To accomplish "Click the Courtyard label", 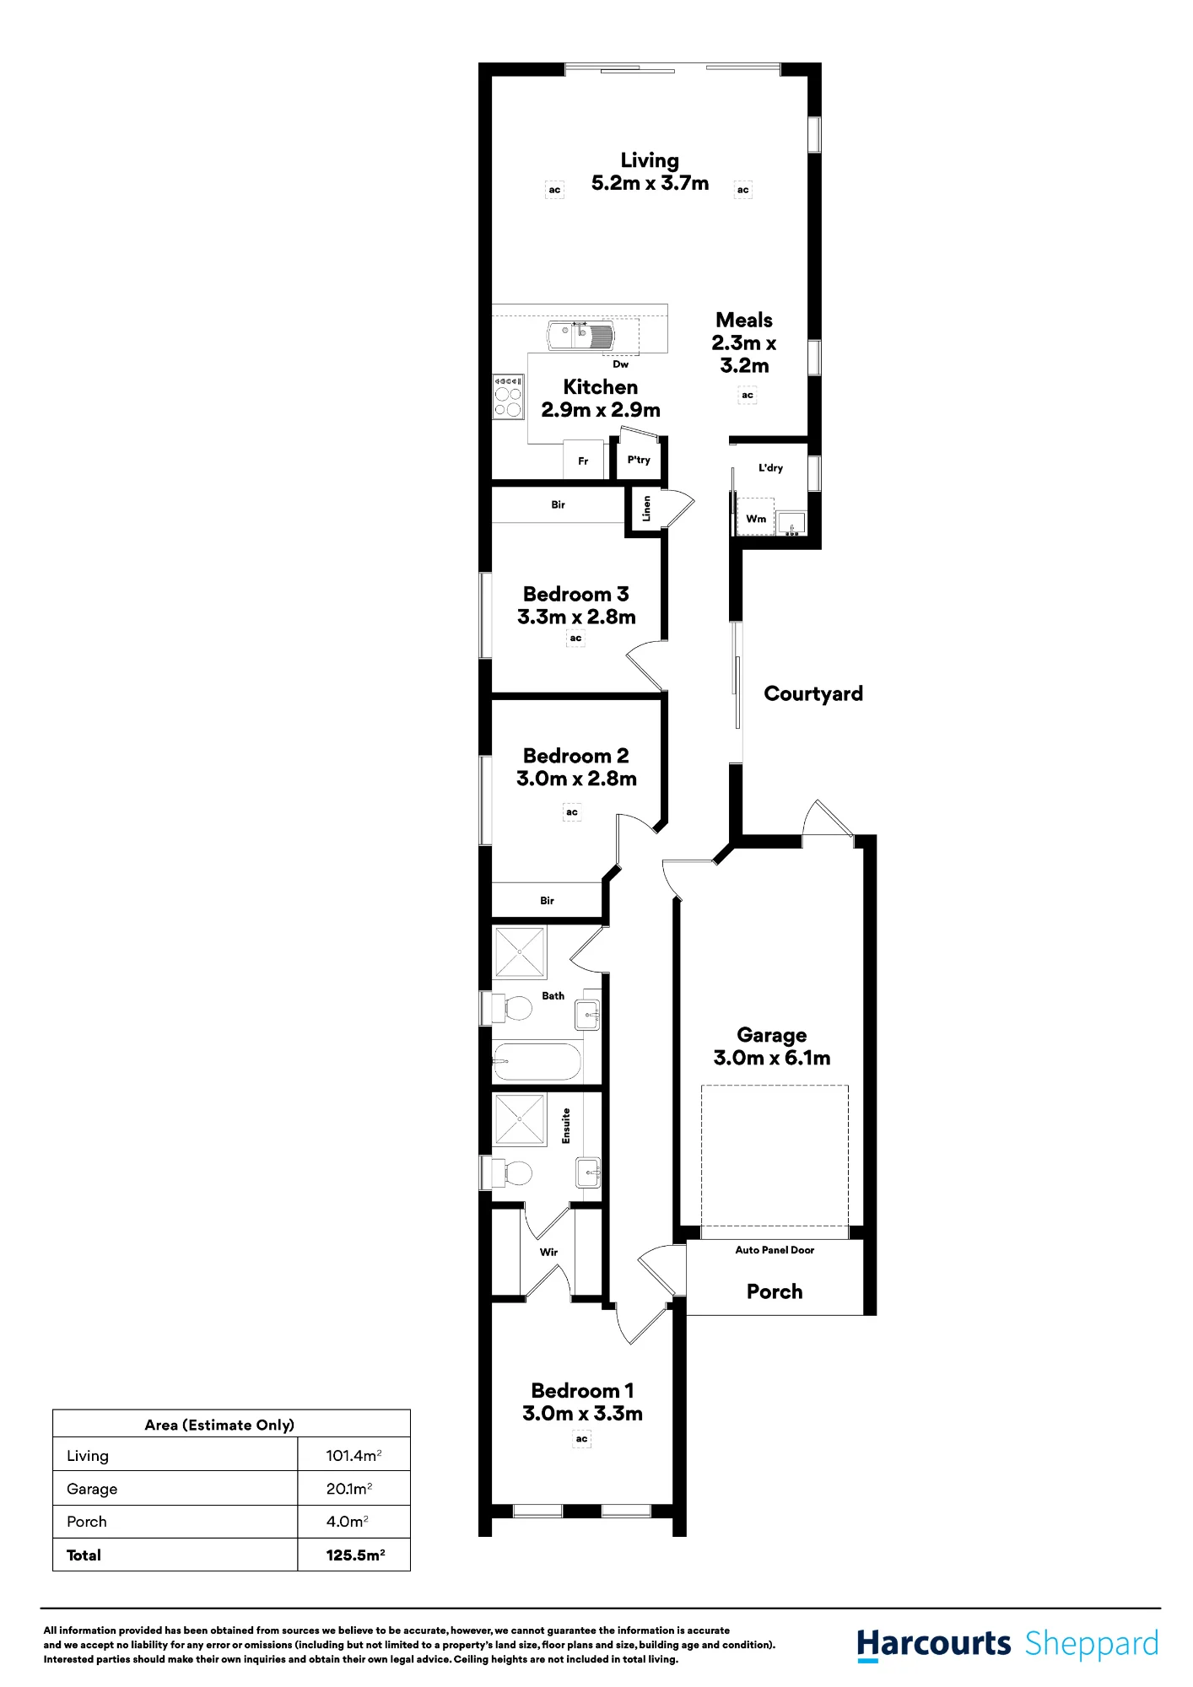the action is [813, 694].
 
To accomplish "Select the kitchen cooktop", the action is [509, 396].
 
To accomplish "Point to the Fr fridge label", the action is [583, 461].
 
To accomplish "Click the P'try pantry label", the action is [639, 460].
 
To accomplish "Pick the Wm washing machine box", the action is [756, 516].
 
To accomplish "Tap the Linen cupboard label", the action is [647, 508].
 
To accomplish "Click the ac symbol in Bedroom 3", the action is [575, 639].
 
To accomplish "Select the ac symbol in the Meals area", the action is [748, 395].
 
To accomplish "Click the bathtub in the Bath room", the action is [537, 1062].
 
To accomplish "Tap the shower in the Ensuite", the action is [520, 1119].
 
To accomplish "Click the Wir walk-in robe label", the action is [548, 1252].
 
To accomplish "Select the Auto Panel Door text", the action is [775, 1250].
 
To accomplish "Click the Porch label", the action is [775, 1291].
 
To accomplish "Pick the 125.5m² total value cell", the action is [355, 1555].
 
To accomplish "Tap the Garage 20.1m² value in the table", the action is [349, 1489].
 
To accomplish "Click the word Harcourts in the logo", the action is [934, 1644].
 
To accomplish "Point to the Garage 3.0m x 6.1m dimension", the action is [772, 1058].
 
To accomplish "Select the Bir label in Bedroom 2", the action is [547, 901].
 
